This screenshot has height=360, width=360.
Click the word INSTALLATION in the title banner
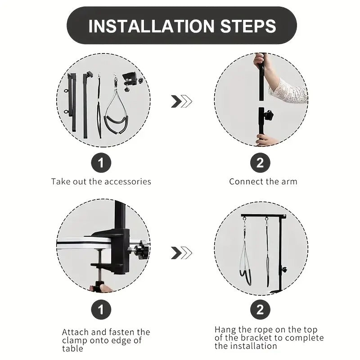point(151,26)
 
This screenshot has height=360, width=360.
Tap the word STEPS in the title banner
point(248,26)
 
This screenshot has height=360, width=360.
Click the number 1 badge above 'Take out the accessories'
point(101,162)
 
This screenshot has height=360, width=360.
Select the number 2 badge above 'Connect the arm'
point(260,162)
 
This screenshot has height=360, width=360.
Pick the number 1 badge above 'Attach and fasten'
point(101,310)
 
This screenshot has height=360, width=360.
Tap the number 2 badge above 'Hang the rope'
point(260,310)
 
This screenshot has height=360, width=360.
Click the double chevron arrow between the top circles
point(181,101)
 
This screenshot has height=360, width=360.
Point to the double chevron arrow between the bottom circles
point(181,253)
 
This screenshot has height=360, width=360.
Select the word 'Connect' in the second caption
point(245,182)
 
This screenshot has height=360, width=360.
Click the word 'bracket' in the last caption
point(256,338)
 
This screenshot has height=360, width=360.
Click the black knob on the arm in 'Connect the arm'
point(268,115)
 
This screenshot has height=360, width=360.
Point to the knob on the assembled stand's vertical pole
point(284,270)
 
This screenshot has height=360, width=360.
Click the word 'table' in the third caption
point(72,349)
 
